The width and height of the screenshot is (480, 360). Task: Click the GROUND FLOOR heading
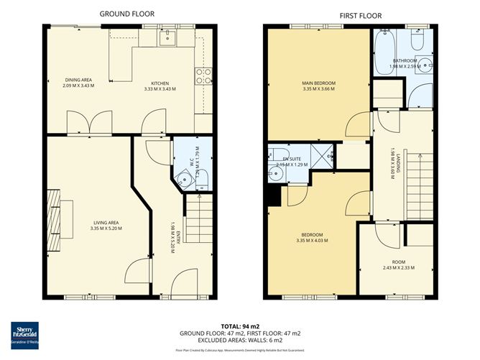126,14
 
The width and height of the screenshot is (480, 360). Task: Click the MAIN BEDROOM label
319,83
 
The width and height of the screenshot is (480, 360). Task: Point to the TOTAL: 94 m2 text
240,325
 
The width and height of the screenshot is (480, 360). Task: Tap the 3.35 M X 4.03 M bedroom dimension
313,241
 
